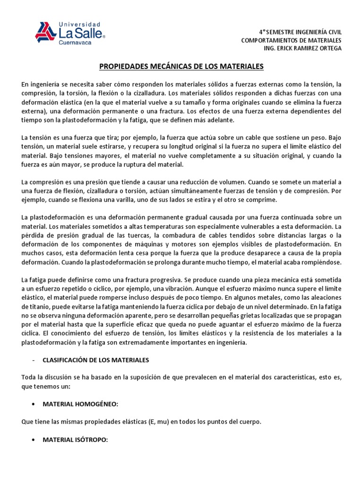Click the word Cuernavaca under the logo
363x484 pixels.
click(74, 43)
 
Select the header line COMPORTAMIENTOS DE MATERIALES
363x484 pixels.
click(291, 40)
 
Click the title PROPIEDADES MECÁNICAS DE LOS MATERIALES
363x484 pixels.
click(181, 67)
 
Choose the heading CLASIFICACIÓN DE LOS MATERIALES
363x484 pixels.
click(95, 360)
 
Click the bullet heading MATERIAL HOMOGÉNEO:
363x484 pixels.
click(80, 405)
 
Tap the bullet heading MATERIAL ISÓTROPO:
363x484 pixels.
click(75, 440)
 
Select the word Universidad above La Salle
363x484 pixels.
click(79, 24)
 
